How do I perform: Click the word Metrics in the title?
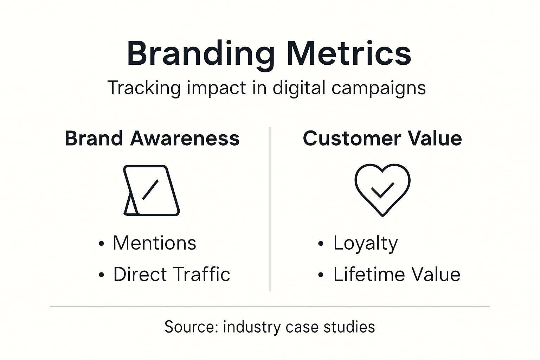point(349,53)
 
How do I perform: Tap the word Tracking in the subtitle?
point(144,88)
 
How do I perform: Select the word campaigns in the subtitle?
point(379,88)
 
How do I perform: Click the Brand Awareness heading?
point(152,138)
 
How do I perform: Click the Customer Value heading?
point(382,138)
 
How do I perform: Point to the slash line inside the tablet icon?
point(150,189)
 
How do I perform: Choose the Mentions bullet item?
point(154,243)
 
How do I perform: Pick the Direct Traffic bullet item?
point(172,274)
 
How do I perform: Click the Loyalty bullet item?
point(366,243)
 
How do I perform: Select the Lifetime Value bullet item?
point(397,274)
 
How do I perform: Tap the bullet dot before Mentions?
point(102,244)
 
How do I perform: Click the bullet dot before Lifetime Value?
point(320,275)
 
